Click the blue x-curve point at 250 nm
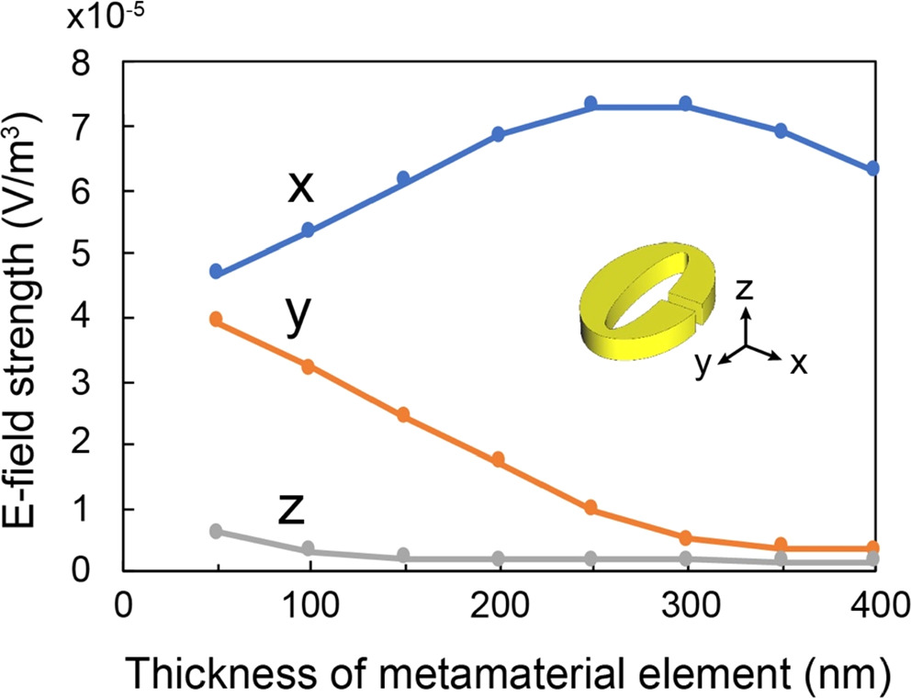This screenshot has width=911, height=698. pyautogui.click(x=591, y=103)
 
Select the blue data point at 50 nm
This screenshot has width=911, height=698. pyautogui.click(x=216, y=272)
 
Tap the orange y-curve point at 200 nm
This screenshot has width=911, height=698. pyautogui.click(x=498, y=459)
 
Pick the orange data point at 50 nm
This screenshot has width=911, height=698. pyautogui.click(x=216, y=320)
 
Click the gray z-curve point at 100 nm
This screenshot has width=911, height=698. pyautogui.click(x=309, y=548)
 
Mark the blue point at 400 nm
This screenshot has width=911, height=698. pyautogui.click(x=872, y=169)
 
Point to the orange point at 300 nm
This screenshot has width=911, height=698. pyautogui.click(x=685, y=537)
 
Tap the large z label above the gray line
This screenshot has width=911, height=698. pyautogui.click(x=291, y=510)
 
